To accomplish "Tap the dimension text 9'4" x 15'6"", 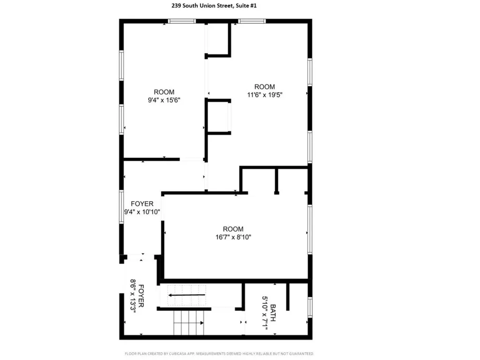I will [x=164, y=100].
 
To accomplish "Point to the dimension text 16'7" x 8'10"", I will [x=233, y=237].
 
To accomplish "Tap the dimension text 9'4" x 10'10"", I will [x=142, y=212].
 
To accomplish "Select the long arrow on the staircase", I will [x=187, y=295].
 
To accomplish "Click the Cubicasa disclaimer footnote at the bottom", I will [x=219, y=353].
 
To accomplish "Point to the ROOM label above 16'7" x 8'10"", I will [x=233, y=229].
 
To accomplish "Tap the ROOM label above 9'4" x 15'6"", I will [x=164, y=92].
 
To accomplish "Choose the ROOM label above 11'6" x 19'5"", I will [x=264, y=87].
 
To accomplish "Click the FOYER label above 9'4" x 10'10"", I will [x=142, y=204].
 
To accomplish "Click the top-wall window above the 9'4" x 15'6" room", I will [x=182, y=21].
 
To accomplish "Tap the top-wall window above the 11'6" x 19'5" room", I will [x=252, y=21].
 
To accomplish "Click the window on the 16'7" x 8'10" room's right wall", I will [x=309, y=229].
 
